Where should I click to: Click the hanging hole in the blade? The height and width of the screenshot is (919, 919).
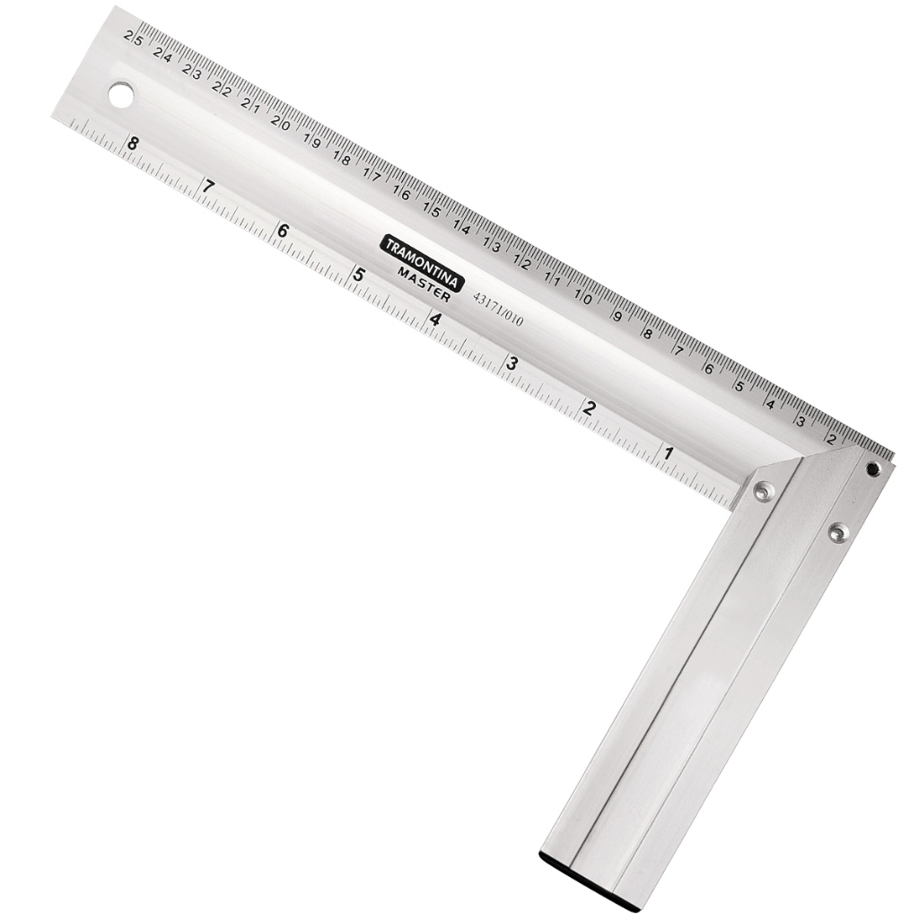tap(121, 95)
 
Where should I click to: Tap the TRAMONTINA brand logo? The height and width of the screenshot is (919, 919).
tap(424, 263)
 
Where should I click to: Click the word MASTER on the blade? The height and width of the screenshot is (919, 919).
tap(424, 284)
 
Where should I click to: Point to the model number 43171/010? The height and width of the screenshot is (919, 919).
tap(498, 309)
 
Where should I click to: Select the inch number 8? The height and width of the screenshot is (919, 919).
tap(133, 143)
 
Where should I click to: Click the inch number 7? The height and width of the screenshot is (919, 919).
tap(207, 187)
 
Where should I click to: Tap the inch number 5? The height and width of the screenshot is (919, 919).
tap(359, 275)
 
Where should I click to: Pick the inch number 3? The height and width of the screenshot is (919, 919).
tap(512, 363)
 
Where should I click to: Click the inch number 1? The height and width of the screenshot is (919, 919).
tap(668, 453)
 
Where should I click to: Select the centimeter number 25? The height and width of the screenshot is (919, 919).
tap(133, 38)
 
